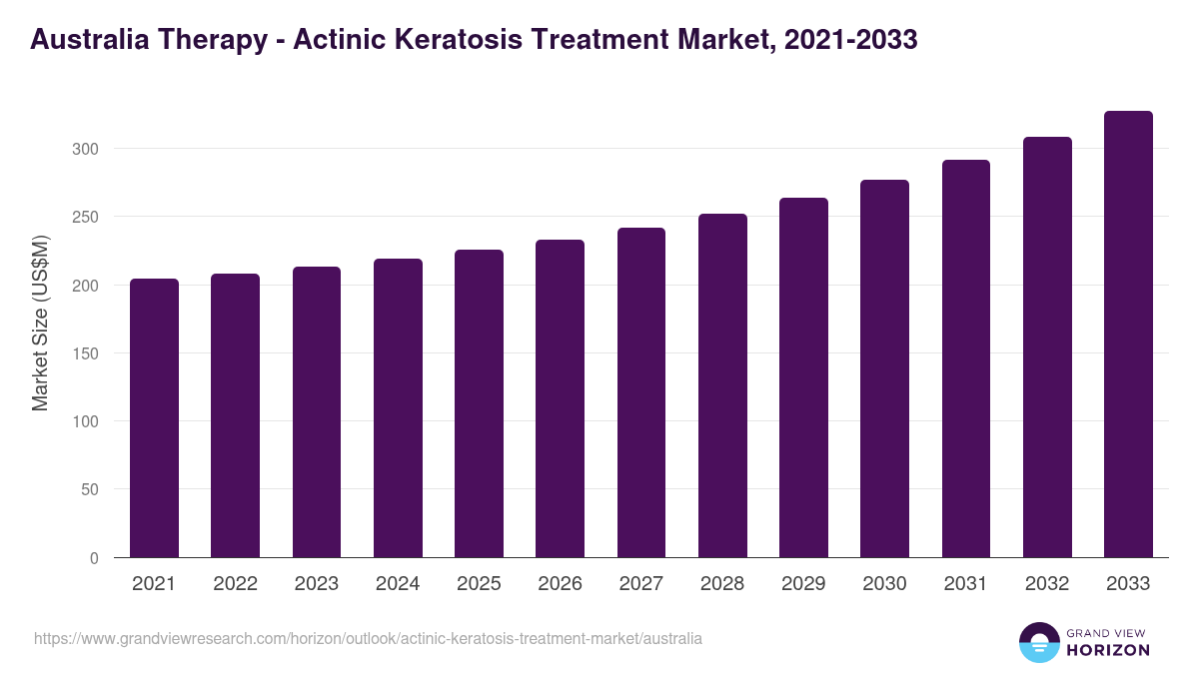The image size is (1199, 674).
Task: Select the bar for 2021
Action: pyautogui.click(x=154, y=418)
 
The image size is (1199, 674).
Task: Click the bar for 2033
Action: pyautogui.click(x=1128, y=335)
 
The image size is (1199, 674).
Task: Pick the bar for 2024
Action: pyautogui.click(x=398, y=408)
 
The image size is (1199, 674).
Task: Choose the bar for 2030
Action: pyautogui.click(x=884, y=368)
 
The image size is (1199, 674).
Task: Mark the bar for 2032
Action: pyautogui.click(x=1047, y=347)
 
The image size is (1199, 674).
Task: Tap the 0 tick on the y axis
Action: pyautogui.click(x=94, y=558)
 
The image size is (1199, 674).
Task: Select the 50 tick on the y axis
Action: pyautogui.click(x=90, y=489)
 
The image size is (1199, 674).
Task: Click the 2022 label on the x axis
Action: pyautogui.click(x=235, y=584)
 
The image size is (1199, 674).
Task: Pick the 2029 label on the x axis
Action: pyautogui.click(x=803, y=584)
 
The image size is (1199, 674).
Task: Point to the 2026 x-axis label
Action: pyautogui.click(x=560, y=584)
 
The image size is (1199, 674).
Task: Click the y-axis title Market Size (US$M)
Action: pyautogui.click(x=40, y=323)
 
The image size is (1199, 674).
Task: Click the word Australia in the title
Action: pyautogui.click(x=89, y=40)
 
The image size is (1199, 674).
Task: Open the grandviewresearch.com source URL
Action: pyautogui.click(x=368, y=638)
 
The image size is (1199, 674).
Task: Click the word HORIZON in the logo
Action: pyautogui.click(x=1107, y=650)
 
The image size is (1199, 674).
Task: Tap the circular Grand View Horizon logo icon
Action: pyautogui.click(x=1039, y=643)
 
